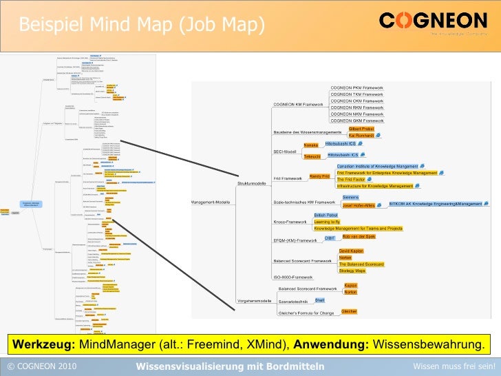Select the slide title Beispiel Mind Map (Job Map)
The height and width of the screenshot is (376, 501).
(142, 25)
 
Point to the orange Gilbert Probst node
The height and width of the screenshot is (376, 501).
(361, 129)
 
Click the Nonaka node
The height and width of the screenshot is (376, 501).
(311, 146)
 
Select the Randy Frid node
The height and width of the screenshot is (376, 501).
(320, 177)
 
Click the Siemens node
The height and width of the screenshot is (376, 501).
(350, 198)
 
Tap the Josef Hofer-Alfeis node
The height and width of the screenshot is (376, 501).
(358, 205)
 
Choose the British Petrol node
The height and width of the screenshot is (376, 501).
(326, 216)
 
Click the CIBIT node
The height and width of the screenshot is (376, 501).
(330, 238)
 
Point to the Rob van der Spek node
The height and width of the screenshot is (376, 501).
(359, 236)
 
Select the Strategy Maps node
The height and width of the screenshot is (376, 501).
(352, 271)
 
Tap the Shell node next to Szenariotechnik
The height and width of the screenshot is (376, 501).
(319, 300)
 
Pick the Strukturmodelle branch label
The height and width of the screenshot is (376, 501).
(252, 184)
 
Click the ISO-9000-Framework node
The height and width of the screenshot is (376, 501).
(293, 277)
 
